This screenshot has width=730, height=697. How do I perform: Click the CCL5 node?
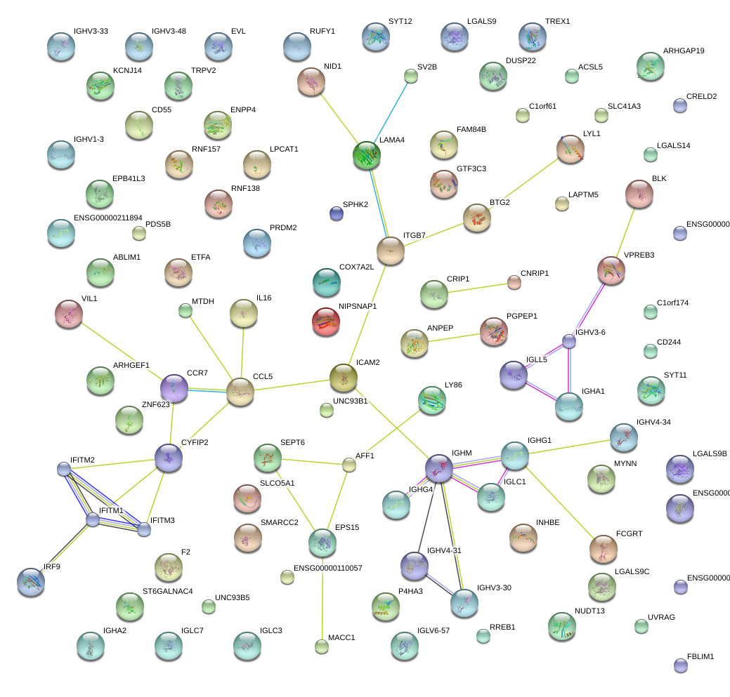click(240, 392)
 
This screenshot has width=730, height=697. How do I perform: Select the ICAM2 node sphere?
click(344, 378)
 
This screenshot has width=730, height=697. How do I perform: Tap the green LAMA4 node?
click(367, 156)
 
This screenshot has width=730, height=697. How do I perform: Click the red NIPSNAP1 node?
click(325, 321)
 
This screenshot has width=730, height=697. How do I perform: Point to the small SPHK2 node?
click(337, 213)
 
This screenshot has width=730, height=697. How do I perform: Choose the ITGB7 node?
click(391, 251)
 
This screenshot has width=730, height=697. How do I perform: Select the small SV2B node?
click(411, 76)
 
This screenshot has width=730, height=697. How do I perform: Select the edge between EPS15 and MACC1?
click(322, 597)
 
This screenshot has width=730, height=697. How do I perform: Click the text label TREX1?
click(558, 22)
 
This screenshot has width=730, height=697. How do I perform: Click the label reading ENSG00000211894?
click(107, 218)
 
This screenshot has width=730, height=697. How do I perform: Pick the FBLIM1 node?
click(680, 666)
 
